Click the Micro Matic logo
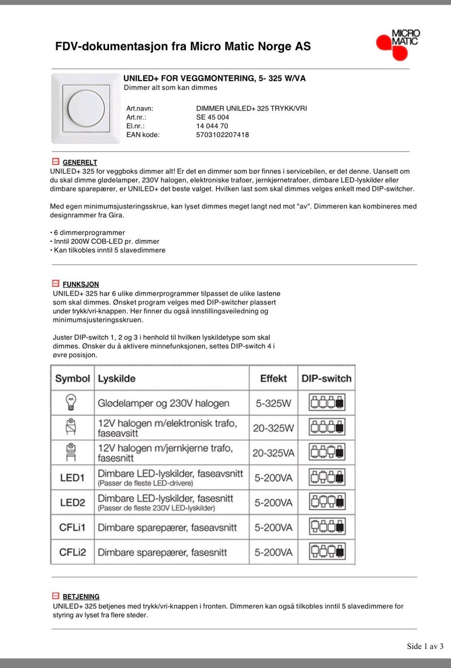pyautogui.click(x=398, y=44)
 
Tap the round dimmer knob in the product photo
pyautogui.click(x=86, y=108)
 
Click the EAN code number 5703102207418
pyautogui.click(x=222, y=135)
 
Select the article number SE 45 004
pyautogui.click(x=212, y=117)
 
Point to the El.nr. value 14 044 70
pyautogui.click(x=212, y=126)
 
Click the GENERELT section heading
pyautogui.click(x=79, y=163)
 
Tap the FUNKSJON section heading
pyautogui.click(x=80, y=284)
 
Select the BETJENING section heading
pyautogui.click(x=81, y=597)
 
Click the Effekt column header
pyautogui.click(x=273, y=379)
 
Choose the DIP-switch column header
pyautogui.click(x=327, y=379)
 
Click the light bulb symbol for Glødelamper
pyautogui.click(x=71, y=403)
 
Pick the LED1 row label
pyautogui.click(x=72, y=478)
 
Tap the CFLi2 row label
pyautogui.click(x=72, y=552)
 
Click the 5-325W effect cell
pyautogui.click(x=273, y=404)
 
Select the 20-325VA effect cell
pyautogui.click(x=273, y=453)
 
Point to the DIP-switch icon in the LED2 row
pyautogui.click(x=327, y=502)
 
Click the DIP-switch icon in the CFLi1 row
pyautogui.click(x=327, y=527)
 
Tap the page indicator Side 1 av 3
pyautogui.click(x=425, y=646)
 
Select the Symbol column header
pyautogui.click(x=72, y=379)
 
